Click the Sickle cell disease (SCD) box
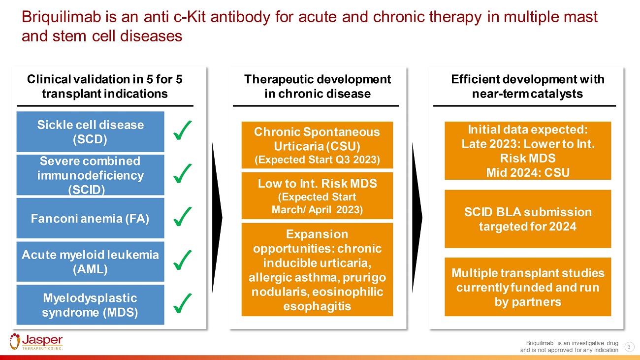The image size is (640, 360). tap(91, 131)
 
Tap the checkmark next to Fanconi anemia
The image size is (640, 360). tap(183, 217)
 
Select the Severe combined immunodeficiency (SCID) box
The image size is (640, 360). tap(91, 175)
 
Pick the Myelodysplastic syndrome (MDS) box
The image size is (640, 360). tap(91, 304)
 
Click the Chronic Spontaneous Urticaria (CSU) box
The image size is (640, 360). tap(317, 145)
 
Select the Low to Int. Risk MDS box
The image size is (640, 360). tap(317, 196)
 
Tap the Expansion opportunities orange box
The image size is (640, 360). tap(317, 269)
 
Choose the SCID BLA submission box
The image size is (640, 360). tap(528, 219)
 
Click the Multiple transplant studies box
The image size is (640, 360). tap(528, 287)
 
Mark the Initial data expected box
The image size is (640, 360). tap(528, 151)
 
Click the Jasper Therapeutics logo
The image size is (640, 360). tap(37, 342)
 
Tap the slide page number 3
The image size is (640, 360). tap(629, 347)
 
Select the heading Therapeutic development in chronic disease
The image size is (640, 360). tap(317, 86)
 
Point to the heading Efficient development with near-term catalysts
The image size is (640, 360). tap(527, 86)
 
